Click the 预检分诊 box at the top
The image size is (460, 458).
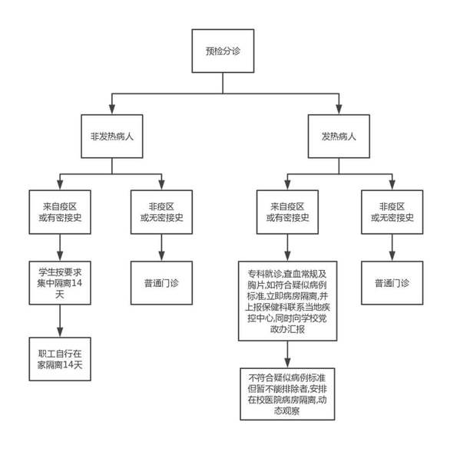223,51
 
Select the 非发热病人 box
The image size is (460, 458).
112,137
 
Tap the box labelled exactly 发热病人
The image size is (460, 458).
339,137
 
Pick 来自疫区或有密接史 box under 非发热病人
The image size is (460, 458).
60,213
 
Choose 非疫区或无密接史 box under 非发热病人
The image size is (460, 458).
161,213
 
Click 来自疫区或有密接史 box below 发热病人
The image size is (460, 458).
287,213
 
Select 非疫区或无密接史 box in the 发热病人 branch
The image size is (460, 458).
392,213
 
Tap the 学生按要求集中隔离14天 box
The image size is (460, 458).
60,283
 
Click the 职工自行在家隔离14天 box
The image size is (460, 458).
60,359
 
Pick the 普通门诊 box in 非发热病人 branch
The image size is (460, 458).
161,283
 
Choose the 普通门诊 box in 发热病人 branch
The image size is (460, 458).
392,283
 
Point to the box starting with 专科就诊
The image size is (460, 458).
287,301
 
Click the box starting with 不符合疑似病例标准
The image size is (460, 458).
287,394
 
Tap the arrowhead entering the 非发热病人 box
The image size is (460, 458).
112,109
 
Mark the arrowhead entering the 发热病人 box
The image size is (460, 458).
339,109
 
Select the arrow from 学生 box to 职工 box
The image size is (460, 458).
60,321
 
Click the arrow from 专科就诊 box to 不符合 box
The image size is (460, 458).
287,354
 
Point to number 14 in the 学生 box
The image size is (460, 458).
77,283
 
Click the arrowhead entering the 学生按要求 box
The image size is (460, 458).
60,256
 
